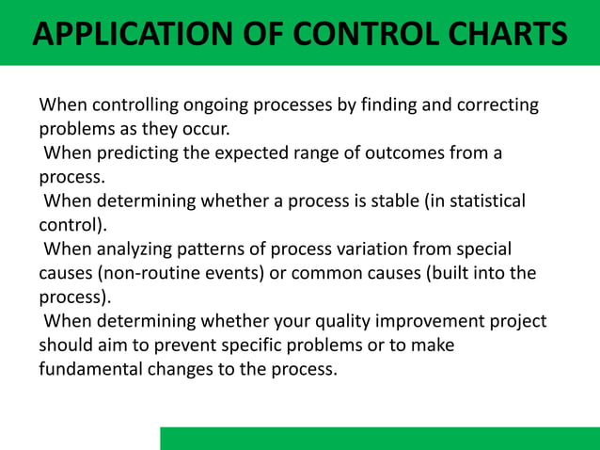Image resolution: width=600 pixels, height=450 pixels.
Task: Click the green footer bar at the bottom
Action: tap(379, 438)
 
